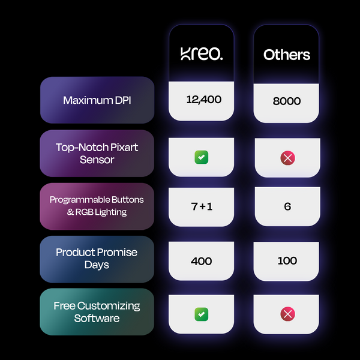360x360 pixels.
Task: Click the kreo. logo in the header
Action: tap(202, 54)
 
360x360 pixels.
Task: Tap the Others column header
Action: tap(286, 55)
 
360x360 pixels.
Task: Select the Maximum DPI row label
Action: tap(97, 100)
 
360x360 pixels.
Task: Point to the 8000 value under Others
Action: tap(286, 101)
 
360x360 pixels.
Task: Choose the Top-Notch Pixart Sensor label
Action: tap(97, 153)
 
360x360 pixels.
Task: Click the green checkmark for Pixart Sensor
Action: tap(202, 157)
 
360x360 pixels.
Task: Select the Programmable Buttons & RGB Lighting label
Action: tap(97, 205)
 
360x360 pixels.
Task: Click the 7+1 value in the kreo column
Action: tap(202, 206)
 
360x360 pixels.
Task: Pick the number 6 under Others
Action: tap(287, 206)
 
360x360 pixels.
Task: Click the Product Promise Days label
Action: tap(97, 258)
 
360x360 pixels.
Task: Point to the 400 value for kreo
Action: tap(202, 261)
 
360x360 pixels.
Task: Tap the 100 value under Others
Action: tap(287, 261)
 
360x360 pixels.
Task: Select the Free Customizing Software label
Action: tap(97, 312)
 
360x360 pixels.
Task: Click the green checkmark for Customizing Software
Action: tap(202, 313)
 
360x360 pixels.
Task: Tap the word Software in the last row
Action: tap(97, 319)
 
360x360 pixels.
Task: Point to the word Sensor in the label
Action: tap(97, 160)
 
